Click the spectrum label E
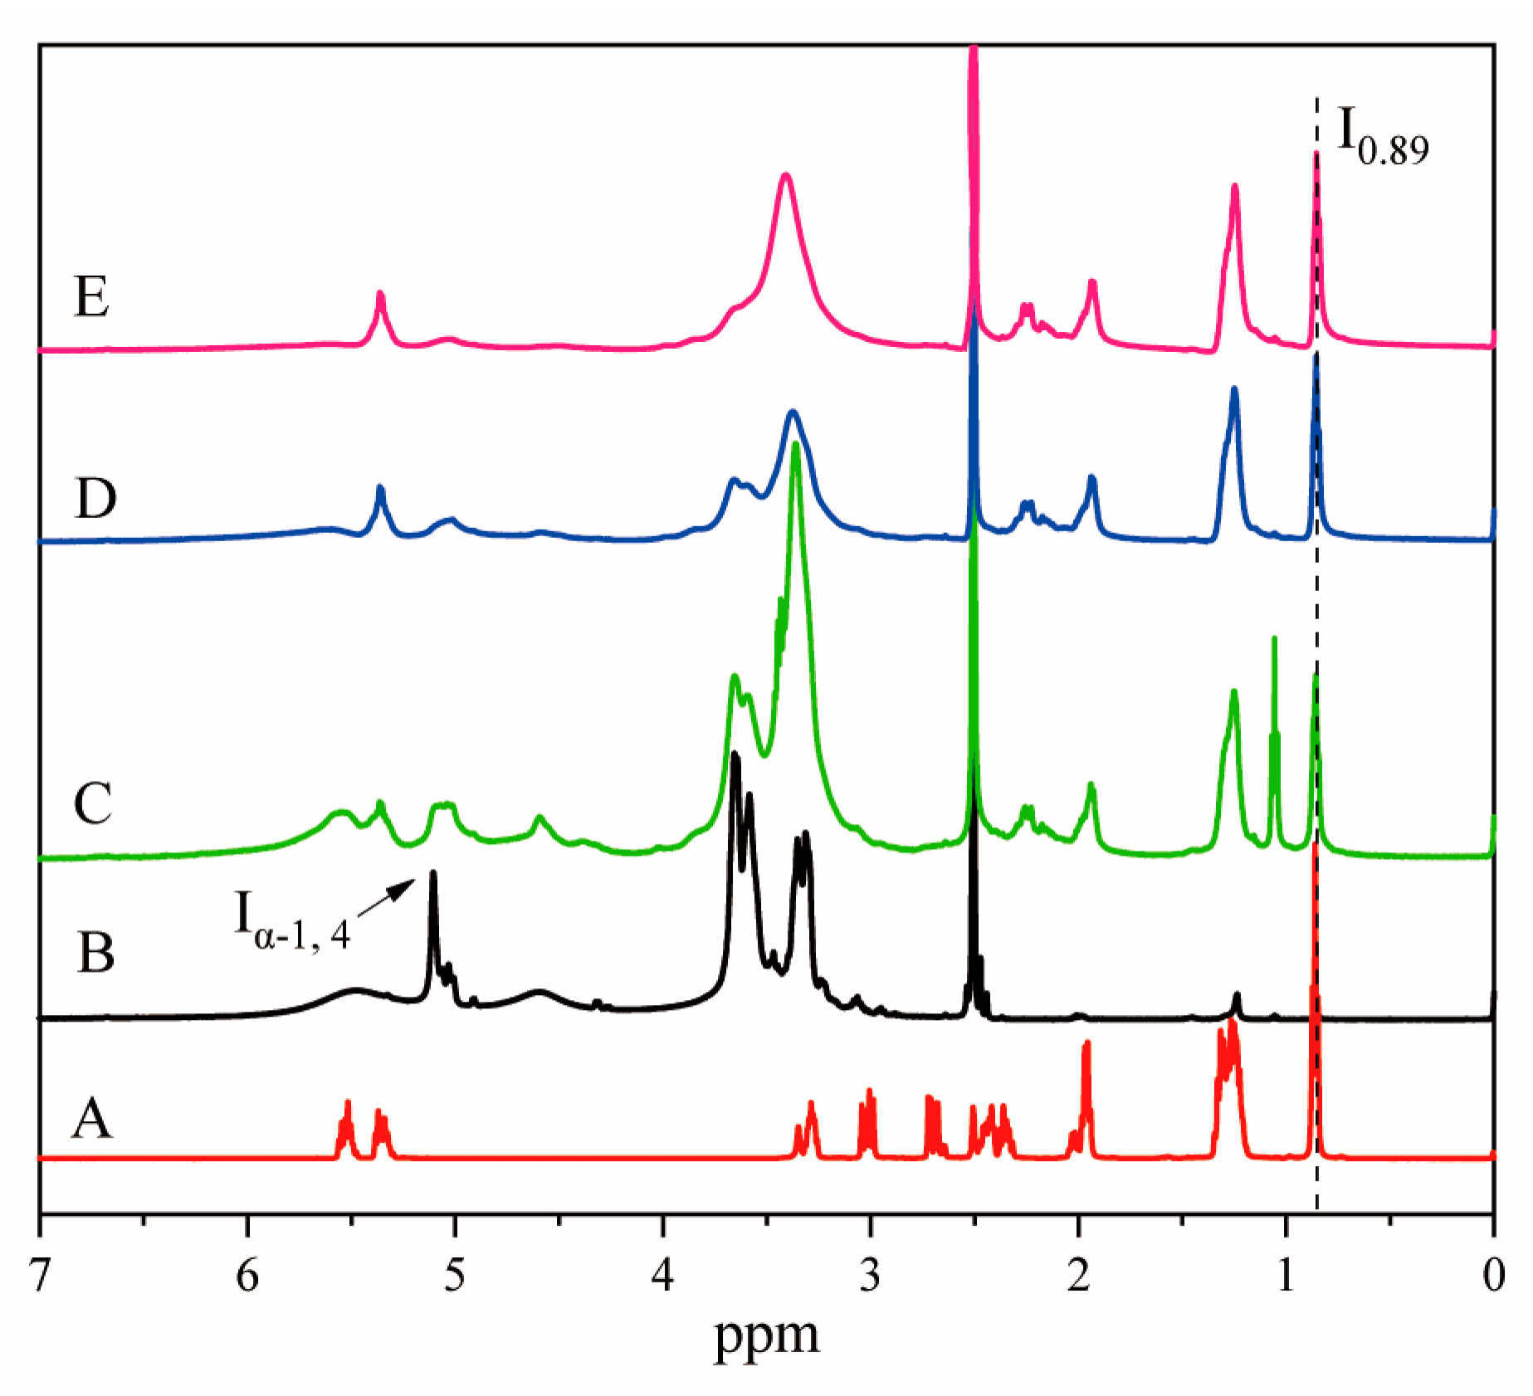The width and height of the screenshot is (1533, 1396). click(91, 296)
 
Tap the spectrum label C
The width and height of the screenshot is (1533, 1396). click(92, 803)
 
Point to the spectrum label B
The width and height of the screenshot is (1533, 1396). click(95, 951)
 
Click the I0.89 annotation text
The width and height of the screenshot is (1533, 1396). click(1383, 138)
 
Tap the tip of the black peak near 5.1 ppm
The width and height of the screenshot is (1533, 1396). click(432, 873)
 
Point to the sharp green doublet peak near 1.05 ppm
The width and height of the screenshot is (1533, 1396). click(1275, 639)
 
